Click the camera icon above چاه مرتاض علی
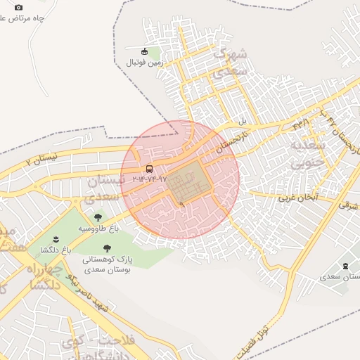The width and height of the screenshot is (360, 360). [18, 7]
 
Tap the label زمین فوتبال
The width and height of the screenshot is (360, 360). [144, 63]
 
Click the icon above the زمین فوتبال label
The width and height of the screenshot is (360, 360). [145, 51]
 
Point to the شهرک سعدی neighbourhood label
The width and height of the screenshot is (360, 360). [231, 62]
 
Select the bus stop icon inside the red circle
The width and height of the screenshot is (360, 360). [149, 169]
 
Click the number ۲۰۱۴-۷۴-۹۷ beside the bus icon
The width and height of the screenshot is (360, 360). [149, 179]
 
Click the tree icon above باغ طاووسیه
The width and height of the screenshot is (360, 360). [98, 217]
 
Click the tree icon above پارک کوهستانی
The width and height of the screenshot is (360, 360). [107, 247]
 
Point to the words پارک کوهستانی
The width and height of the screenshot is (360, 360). [107, 259]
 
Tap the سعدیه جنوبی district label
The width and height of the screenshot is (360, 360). [306, 155]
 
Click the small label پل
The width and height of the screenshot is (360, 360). [243, 120]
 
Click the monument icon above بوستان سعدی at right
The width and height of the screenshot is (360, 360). [345, 266]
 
